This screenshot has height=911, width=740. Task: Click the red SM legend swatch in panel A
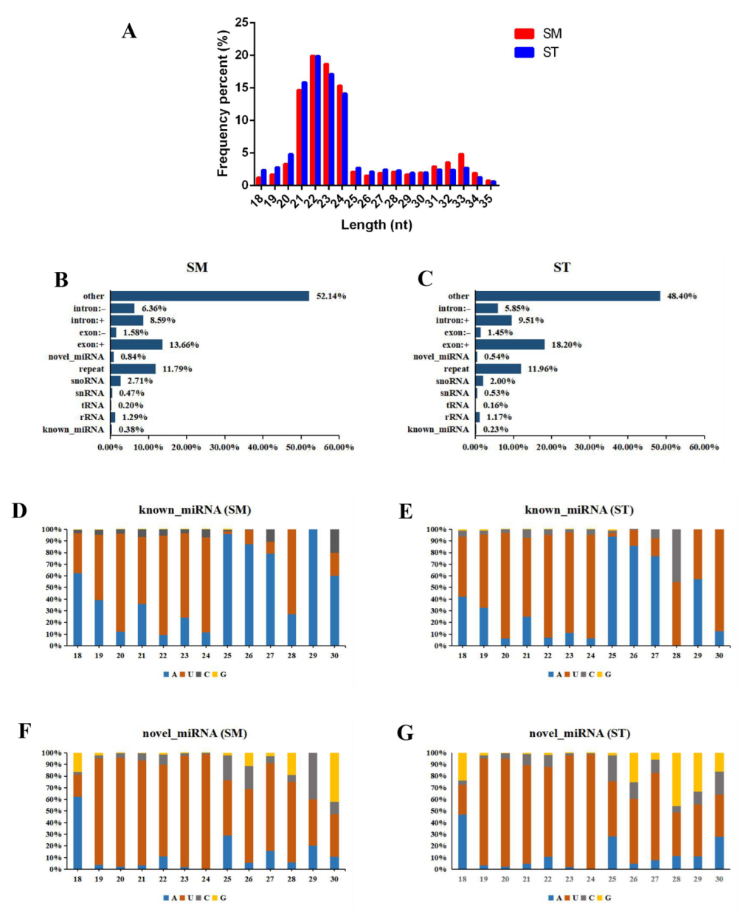524,34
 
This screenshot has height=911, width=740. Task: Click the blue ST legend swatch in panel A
524,52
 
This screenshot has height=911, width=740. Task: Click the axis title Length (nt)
376,225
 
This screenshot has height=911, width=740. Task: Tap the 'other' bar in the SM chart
210,296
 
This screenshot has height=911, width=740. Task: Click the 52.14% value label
331,296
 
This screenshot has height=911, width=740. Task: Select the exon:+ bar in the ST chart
510,345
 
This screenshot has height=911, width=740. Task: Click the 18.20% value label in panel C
567,345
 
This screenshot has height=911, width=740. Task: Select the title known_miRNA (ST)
578,510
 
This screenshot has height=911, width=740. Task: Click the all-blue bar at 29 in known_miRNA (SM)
313,587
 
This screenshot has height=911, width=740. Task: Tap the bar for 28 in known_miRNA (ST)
676,587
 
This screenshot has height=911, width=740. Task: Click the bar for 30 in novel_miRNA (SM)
334,811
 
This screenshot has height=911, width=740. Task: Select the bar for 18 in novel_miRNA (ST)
462,811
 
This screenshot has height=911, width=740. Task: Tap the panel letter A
129,31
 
